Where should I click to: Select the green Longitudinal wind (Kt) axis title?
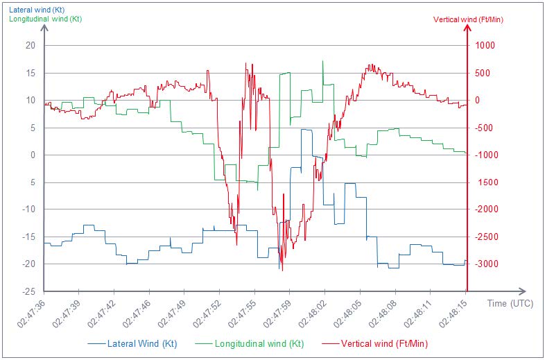click(x=45, y=19)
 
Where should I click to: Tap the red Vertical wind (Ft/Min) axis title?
click(x=468, y=19)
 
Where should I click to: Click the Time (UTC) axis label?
click(x=510, y=303)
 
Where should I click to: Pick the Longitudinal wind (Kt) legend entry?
click(x=259, y=343)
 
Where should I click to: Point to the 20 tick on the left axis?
click(x=30, y=46)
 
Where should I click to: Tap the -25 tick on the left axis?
click(x=28, y=291)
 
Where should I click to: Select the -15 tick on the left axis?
click(x=28, y=237)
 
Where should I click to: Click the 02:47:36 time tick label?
click(x=33, y=316)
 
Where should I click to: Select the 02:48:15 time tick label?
click(x=453, y=316)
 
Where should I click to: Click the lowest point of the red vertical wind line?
click(x=282, y=271)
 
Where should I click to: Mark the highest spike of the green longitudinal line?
click(x=322, y=61)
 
